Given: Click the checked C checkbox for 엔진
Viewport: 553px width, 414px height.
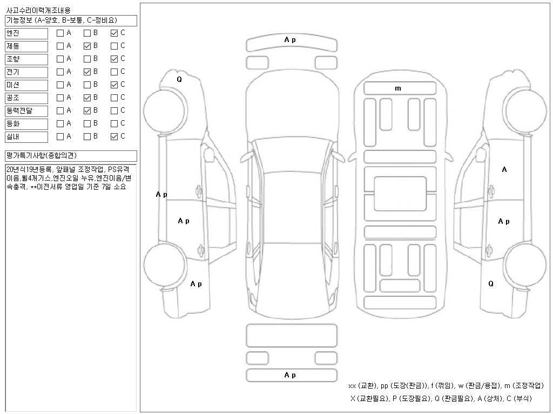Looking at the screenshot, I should tap(114, 33).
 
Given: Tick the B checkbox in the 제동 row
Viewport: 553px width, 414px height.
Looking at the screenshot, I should tap(87, 46).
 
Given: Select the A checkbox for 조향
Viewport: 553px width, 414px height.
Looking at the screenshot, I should tap(60, 59).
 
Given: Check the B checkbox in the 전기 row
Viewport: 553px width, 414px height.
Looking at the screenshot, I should tap(87, 72).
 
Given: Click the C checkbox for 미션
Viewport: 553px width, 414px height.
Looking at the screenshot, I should tap(114, 85).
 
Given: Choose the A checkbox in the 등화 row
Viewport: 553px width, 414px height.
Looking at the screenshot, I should tap(60, 123).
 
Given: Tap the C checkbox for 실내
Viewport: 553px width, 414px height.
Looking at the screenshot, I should tap(114, 136).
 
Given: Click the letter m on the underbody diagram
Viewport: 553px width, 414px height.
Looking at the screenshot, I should tap(398, 88).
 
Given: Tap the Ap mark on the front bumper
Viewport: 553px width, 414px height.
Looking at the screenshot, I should tap(290, 39).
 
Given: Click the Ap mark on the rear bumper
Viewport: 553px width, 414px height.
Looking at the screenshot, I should tap(290, 375).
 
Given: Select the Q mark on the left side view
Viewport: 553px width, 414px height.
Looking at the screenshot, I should tap(179, 79).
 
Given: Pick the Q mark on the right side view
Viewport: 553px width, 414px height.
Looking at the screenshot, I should tap(491, 284).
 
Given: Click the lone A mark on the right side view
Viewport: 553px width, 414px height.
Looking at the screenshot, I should tap(504, 170).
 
